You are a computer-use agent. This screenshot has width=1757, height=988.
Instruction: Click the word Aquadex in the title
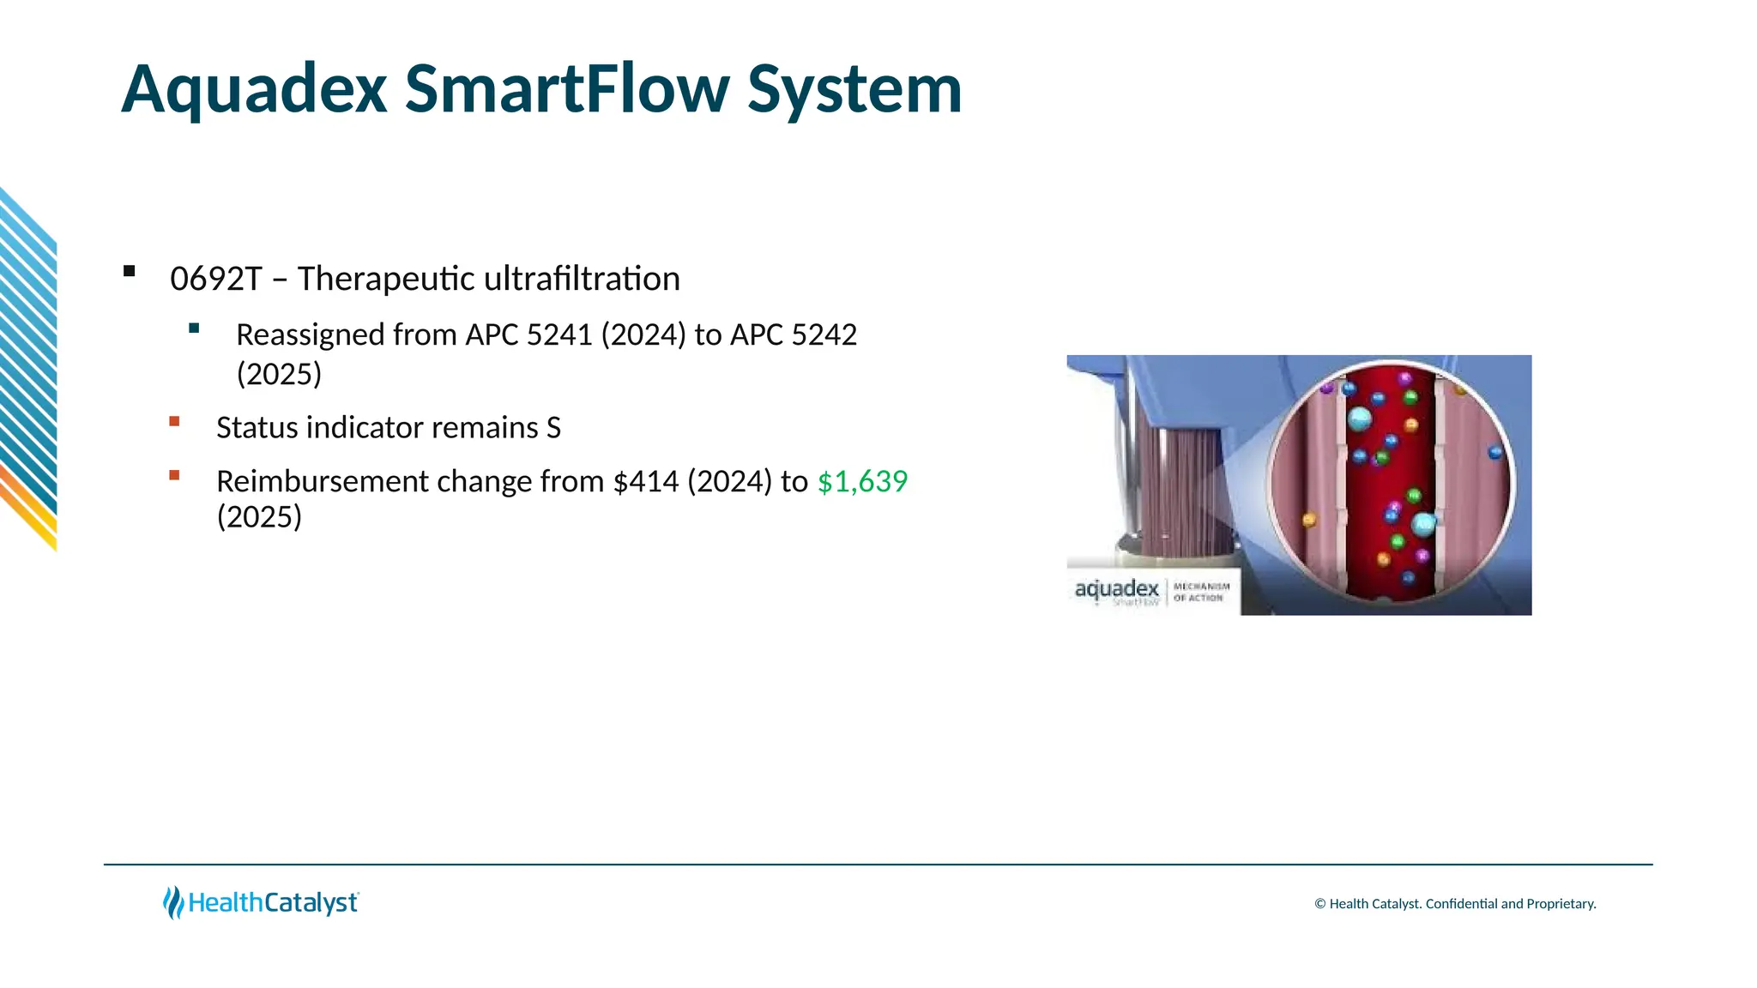254,90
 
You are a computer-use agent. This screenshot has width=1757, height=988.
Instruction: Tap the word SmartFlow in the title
566,88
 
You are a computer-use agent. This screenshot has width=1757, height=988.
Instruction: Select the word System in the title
854,90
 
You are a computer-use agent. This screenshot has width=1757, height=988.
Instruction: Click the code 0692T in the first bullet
215,279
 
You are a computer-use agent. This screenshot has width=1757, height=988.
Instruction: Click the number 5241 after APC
558,334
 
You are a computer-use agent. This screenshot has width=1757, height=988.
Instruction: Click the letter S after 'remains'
553,427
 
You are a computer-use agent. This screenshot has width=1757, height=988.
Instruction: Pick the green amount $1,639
862,481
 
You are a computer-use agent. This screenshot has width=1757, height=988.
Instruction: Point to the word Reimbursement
323,481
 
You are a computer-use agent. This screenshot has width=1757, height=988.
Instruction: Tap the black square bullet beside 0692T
130,272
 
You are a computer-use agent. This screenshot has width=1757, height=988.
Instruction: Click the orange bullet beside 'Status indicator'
175,421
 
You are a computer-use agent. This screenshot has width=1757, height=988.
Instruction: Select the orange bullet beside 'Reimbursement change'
175,475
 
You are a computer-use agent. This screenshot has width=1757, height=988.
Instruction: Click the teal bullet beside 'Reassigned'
194,328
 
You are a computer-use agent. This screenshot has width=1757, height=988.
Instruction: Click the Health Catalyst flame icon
173,902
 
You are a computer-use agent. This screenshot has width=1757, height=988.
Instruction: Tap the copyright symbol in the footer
1320,904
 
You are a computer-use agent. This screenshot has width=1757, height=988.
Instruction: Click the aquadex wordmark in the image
1116,589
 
